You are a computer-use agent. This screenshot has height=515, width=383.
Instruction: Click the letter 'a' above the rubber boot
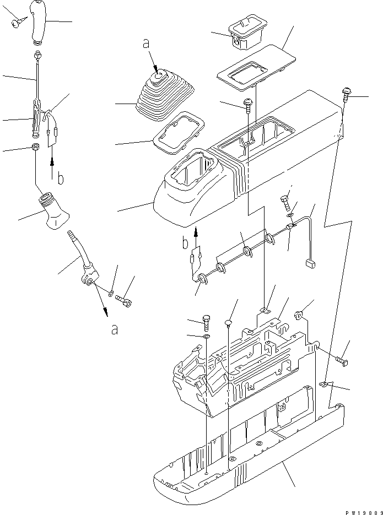click(x=146, y=44)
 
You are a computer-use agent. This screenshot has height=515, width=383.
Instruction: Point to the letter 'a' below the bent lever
click(x=114, y=330)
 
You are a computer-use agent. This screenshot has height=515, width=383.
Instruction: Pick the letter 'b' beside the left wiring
click(x=61, y=178)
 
